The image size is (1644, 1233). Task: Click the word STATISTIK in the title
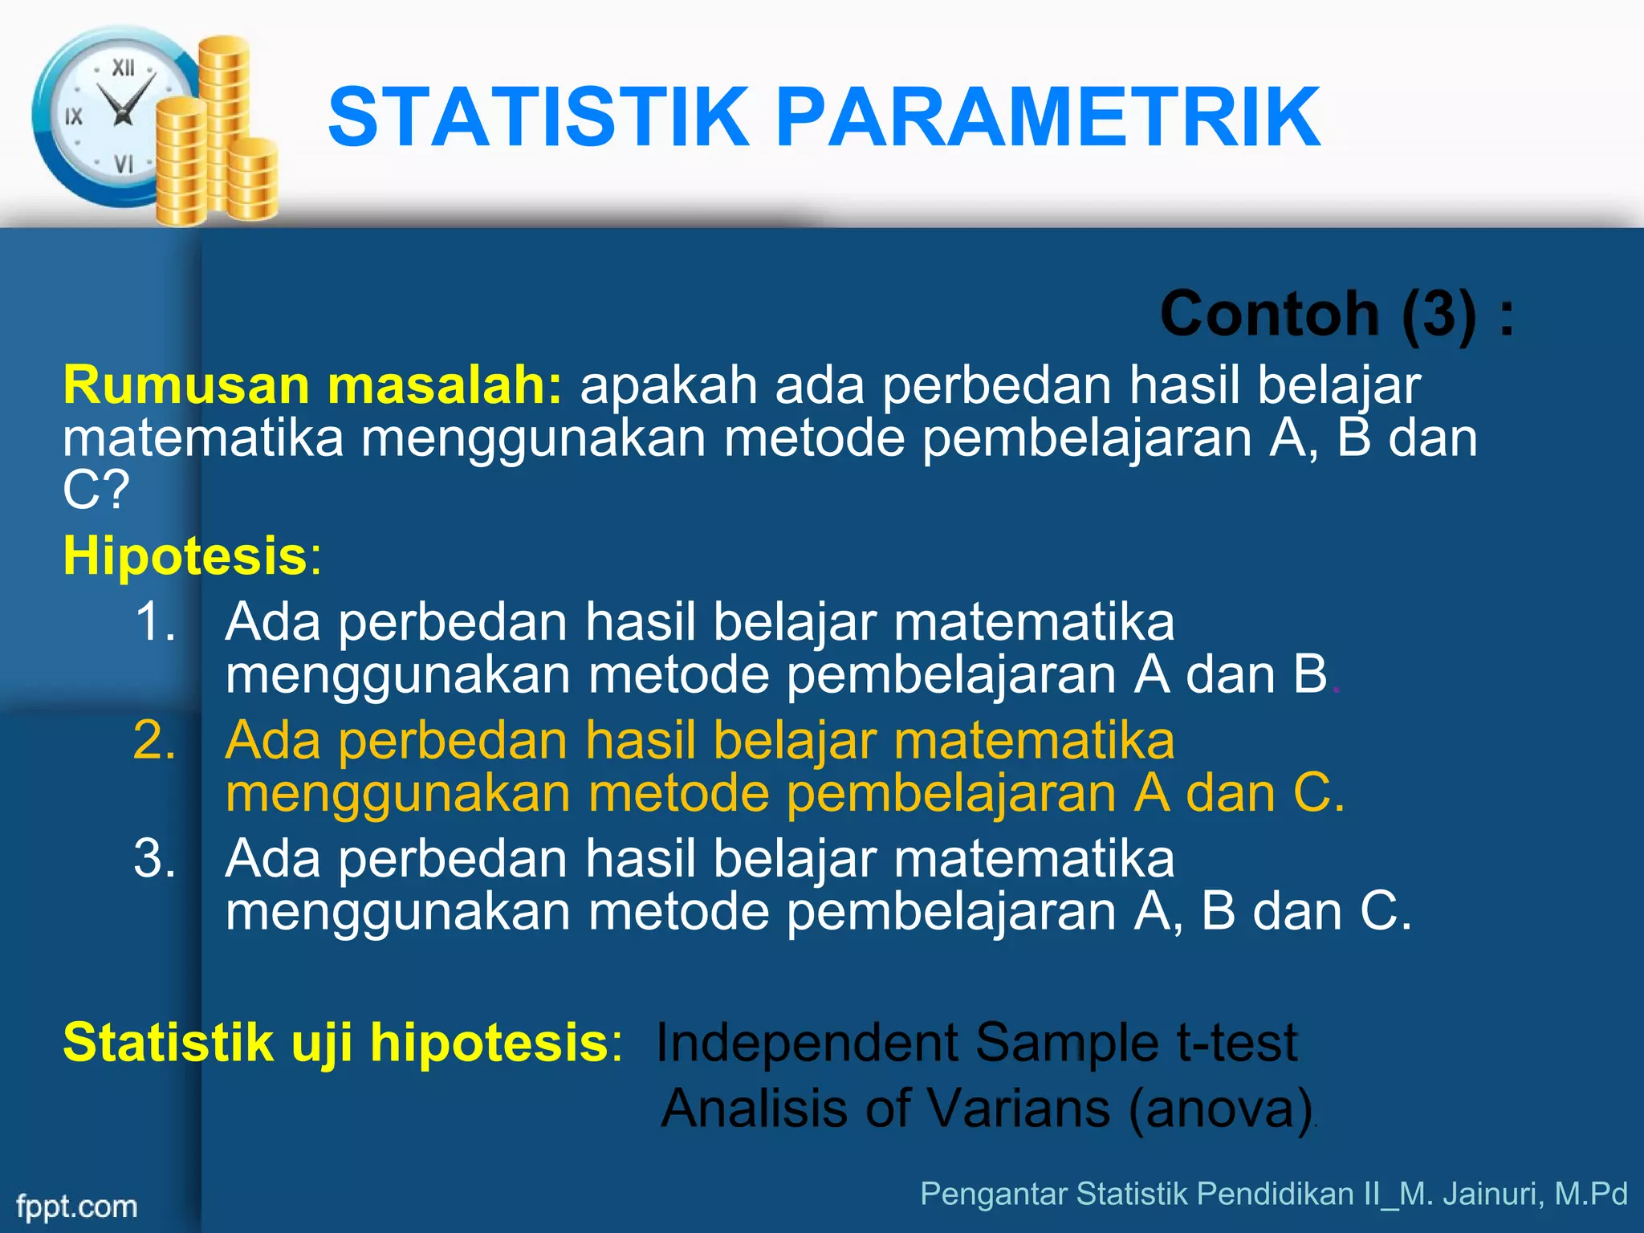point(538,118)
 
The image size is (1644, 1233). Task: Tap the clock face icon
point(112,116)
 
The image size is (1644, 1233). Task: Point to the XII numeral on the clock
point(123,68)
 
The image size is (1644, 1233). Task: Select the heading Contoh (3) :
point(1337,314)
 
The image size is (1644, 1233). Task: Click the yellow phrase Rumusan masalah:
point(313,385)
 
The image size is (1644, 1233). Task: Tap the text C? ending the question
point(95,490)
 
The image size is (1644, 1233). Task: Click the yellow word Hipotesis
point(185,555)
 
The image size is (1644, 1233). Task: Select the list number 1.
point(154,622)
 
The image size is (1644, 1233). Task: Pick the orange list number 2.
point(154,740)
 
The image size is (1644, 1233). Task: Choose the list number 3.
point(154,858)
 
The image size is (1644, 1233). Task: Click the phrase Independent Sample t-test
point(976,1043)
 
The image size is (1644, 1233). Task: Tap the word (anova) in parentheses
point(1220,1109)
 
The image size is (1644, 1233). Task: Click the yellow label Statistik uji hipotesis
point(336,1043)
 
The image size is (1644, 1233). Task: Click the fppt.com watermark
point(77,1207)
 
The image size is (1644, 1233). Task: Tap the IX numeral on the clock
point(74,117)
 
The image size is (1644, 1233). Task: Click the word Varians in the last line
point(1019,1109)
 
